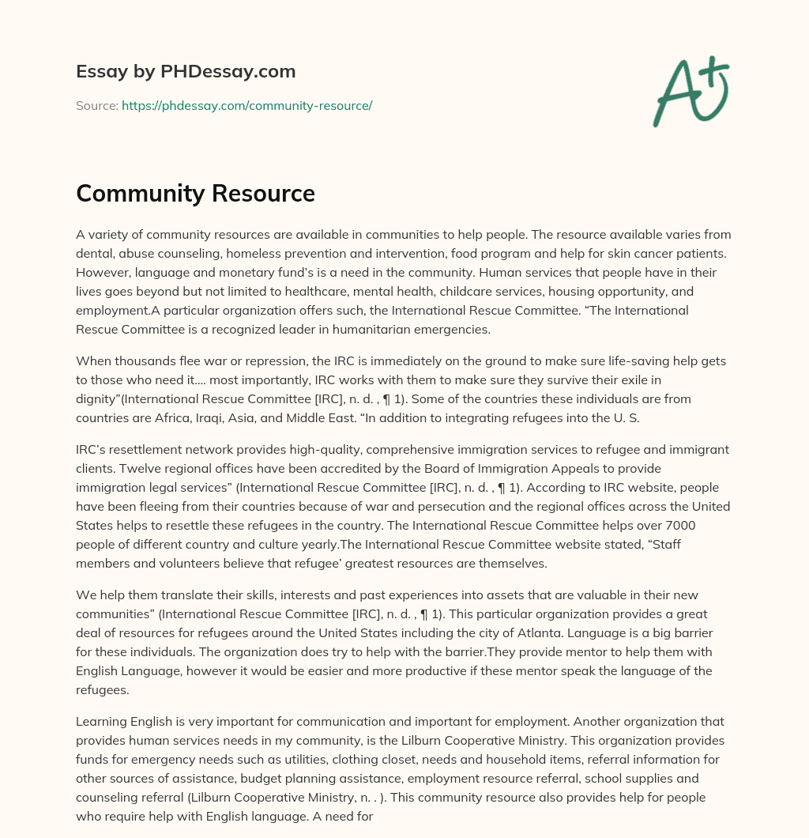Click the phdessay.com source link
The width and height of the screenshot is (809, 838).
pos(246,105)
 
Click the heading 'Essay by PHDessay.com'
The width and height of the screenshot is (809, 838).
pos(186,72)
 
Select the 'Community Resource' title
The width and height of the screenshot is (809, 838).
pos(195,193)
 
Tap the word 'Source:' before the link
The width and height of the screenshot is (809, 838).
pos(96,105)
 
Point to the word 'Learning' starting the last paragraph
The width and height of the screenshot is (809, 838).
pos(100,721)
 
